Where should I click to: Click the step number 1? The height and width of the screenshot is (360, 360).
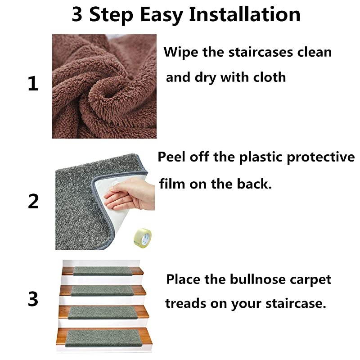coord(33,84)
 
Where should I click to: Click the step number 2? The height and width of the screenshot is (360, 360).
coord(33,202)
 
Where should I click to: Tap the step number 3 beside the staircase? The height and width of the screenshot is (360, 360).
coord(33,299)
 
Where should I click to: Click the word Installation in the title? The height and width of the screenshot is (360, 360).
coord(244,14)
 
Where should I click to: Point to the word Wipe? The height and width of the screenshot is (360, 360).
coord(182,52)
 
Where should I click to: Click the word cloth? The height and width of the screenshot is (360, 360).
coord(268,77)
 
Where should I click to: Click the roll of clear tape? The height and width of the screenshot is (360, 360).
coord(142,237)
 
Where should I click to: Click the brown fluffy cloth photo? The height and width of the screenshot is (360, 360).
coord(104,86)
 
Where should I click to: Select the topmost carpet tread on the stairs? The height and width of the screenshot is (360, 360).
coord(103,271)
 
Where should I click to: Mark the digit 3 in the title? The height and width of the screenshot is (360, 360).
coord(77,14)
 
